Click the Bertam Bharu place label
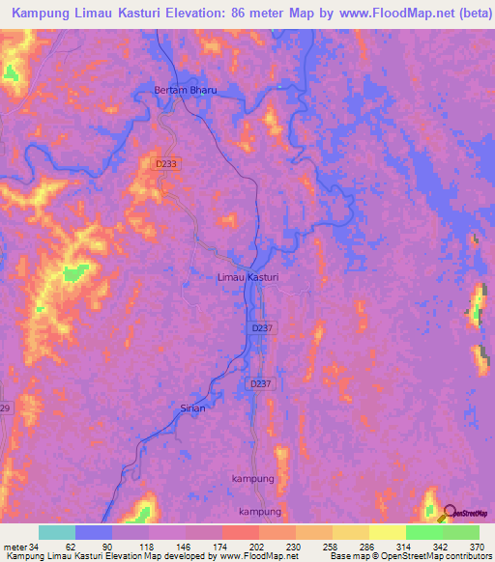tap(186, 90)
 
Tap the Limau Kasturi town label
tap(247, 277)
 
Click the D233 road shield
tap(166, 165)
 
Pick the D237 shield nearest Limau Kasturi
tap(261, 329)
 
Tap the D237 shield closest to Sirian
tap(259, 383)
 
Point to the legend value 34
tap(34, 547)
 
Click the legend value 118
tap(151, 547)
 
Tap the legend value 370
tap(475, 547)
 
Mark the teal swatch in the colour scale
tap(56, 532)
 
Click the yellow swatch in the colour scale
tap(387, 532)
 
